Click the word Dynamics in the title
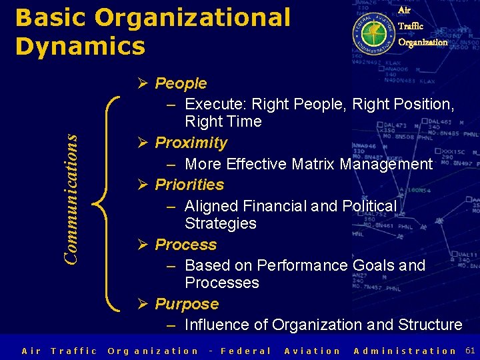80,46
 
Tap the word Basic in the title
51,18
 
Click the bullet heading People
181,83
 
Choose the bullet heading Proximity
191,143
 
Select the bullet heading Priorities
189,184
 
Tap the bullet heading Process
185,245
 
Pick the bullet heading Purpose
187,304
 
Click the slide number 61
470,350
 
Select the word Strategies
221,223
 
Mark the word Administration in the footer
405,351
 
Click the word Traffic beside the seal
411,26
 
